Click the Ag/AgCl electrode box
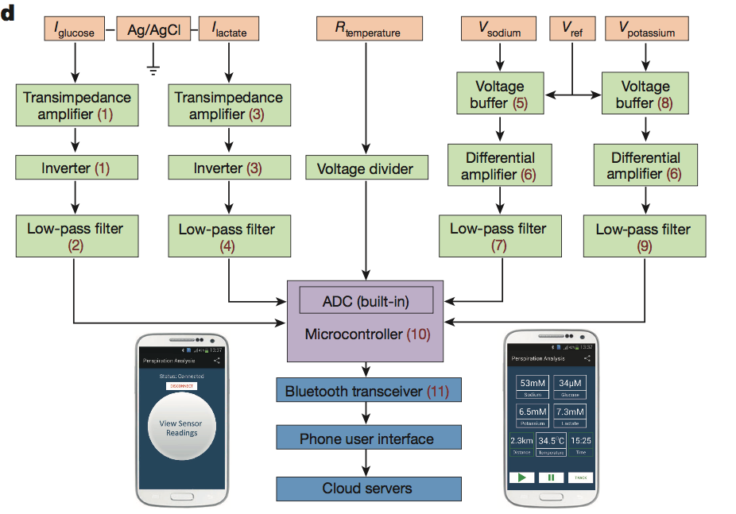[154, 30]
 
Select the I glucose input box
[76, 30]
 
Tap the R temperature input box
[366, 30]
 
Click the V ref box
[572, 30]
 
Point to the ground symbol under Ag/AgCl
[154, 68]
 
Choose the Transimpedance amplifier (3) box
[229, 106]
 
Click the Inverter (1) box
[76, 168]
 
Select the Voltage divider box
[366, 168]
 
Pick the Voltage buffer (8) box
[645, 94]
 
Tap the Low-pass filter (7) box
[498, 237]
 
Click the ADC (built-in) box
[366, 301]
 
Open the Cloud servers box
[368, 488]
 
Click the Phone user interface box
[368, 439]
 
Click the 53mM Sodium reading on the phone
[533, 387]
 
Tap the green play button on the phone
[522, 477]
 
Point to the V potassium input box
[652, 30]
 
